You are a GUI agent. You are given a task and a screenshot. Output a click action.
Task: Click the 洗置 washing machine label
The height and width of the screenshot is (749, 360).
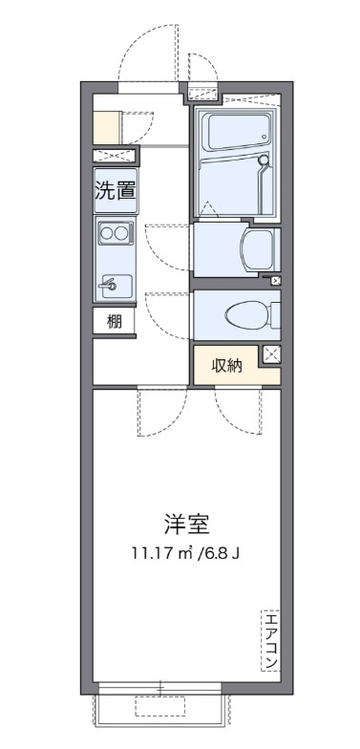tap(115, 189)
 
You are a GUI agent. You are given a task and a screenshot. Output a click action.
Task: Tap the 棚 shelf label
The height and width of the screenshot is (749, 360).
tap(115, 322)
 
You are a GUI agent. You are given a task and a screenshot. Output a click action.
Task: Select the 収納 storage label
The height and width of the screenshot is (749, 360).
tap(227, 364)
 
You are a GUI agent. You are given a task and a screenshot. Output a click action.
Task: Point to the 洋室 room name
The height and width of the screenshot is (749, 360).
tap(186, 524)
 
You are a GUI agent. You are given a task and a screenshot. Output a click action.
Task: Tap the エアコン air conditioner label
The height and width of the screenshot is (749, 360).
tap(270, 639)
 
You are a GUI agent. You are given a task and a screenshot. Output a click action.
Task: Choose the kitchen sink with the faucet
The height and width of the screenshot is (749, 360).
tap(115, 283)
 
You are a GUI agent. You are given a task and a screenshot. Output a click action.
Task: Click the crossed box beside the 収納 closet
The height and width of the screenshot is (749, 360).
tap(271, 354)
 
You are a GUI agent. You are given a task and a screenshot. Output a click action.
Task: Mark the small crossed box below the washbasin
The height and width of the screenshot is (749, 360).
tap(277, 280)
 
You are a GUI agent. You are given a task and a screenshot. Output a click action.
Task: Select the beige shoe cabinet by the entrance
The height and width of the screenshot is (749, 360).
tap(106, 126)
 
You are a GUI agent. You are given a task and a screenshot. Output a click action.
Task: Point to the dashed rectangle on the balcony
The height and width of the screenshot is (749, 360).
tap(159, 706)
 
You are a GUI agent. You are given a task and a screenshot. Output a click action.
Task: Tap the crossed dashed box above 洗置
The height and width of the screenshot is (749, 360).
tap(115, 157)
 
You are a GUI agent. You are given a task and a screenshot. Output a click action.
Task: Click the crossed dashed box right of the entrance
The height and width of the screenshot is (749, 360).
tap(201, 93)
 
